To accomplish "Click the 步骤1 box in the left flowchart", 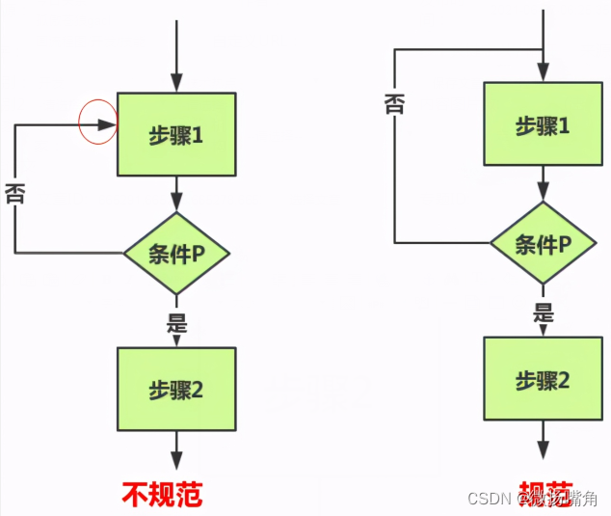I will [175, 134].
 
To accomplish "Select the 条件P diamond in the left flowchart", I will [175, 253].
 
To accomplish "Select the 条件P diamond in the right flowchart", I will [543, 243].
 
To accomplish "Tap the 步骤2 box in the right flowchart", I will [543, 380].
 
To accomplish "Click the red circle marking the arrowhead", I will [97, 123].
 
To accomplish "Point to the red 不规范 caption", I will [163, 494].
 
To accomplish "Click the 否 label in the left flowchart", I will [14, 193].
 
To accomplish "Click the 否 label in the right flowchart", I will [393, 102].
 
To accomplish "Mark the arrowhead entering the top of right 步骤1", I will [543, 73].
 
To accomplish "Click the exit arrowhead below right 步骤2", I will [543, 451].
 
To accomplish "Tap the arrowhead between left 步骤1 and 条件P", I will [175, 203].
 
